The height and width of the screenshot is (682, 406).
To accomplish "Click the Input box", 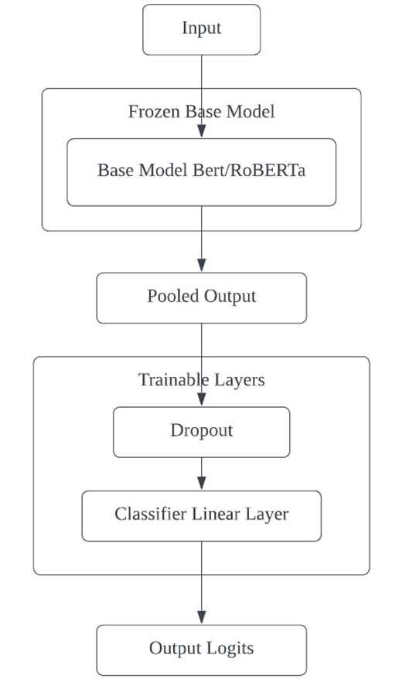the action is pyautogui.click(x=201, y=29).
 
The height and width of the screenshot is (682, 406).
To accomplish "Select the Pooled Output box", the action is pyautogui.click(x=201, y=298).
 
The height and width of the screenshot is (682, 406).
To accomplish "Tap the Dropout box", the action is pyautogui.click(x=201, y=432).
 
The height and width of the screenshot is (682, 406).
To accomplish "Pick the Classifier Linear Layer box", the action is pyautogui.click(x=201, y=516).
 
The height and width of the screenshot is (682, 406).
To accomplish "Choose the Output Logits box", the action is pyautogui.click(x=201, y=650).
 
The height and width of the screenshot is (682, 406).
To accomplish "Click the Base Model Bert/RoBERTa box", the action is pyautogui.click(x=201, y=172).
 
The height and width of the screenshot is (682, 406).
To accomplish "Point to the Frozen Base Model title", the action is pyautogui.click(x=201, y=112).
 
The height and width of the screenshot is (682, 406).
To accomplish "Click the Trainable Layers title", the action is pyautogui.click(x=201, y=380).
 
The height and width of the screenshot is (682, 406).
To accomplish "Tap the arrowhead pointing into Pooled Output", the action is pyautogui.click(x=201, y=265).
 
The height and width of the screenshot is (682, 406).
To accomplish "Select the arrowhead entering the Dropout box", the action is pyautogui.click(x=201, y=399).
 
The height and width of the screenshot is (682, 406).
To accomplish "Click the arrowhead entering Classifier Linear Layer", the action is pyautogui.click(x=201, y=483).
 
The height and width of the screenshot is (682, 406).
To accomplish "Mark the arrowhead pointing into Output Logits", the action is pyautogui.click(x=201, y=617).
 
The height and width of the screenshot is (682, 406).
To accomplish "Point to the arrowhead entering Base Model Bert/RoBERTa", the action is pyautogui.click(x=201, y=131).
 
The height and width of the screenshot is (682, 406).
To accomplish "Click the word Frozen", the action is pyautogui.click(x=154, y=112).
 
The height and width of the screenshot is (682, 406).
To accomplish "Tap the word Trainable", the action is pyautogui.click(x=172, y=380).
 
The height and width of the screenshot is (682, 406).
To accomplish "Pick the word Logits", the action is pyautogui.click(x=230, y=649).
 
